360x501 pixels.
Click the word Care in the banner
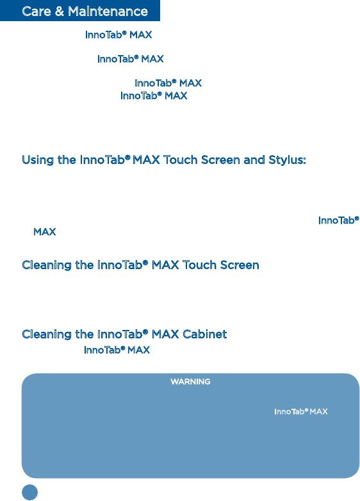click(x=37, y=12)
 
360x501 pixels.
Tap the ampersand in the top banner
click(x=60, y=12)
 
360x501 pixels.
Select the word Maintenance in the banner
click(x=108, y=12)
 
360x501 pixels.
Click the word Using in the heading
click(x=38, y=160)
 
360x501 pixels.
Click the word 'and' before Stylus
click(x=254, y=160)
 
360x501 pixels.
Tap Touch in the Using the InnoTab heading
click(x=181, y=160)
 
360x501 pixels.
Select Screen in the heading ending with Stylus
click(x=220, y=160)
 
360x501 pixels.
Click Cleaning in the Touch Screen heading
click(x=47, y=265)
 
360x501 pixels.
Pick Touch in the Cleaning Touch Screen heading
click(x=199, y=265)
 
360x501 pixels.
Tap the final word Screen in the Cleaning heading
click(x=240, y=265)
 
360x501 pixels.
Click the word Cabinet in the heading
click(x=204, y=334)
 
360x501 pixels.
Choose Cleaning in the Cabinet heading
click(x=47, y=334)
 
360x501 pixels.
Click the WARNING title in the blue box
click(x=190, y=381)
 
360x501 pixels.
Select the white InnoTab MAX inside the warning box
click(x=301, y=411)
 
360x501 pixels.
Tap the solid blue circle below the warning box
click(x=29, y=492)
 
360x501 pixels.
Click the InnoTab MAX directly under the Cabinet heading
click(x=117, y=350)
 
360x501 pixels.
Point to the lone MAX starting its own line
click(x=45, y=232)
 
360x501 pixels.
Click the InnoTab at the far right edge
click(x=339, y=220)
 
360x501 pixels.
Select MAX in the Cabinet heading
click(x=165, y=334)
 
